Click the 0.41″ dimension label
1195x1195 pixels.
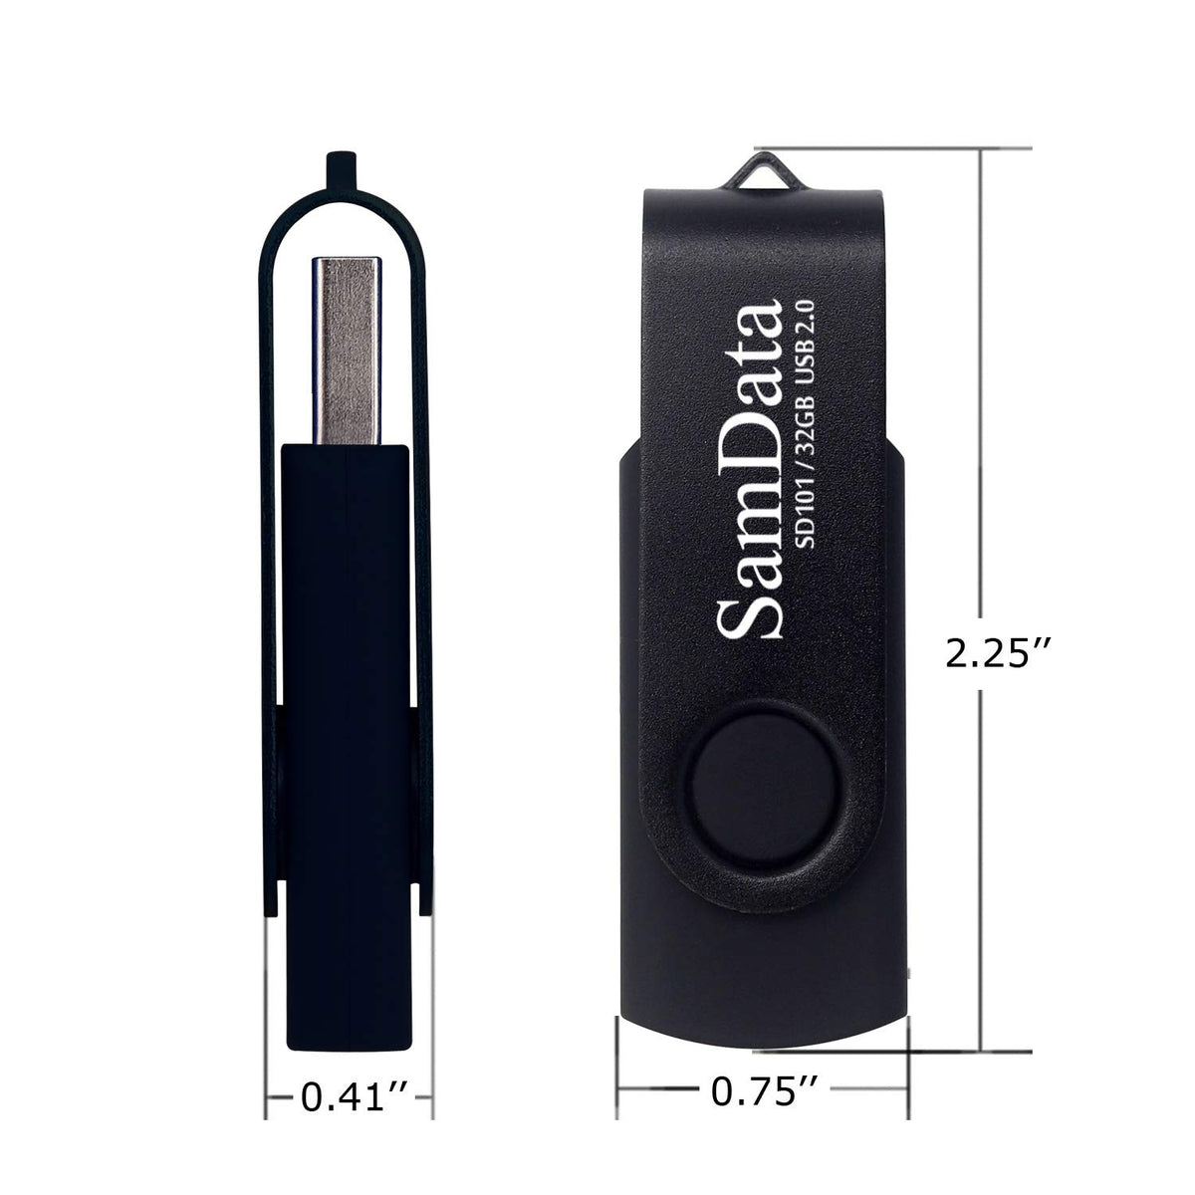[x=355, y=1097]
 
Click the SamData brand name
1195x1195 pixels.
[x=749, y=469]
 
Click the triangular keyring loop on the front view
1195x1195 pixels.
[x=762, y=175]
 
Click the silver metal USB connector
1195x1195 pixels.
[x=346, y=351]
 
